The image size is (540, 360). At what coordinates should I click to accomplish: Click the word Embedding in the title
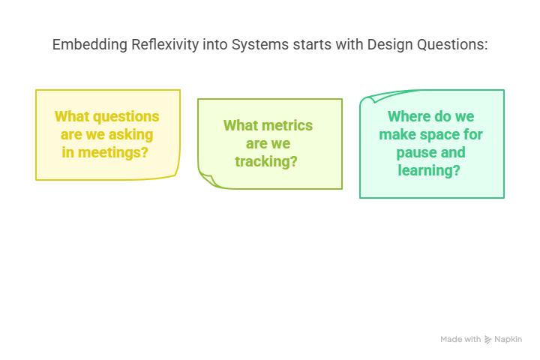[90, 45]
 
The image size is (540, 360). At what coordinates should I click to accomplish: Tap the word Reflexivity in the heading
[165, 45]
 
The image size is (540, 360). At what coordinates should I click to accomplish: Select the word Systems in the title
[260, 45]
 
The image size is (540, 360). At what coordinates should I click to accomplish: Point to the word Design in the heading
[390, 45]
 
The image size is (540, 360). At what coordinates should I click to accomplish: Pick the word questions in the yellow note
[126, 116]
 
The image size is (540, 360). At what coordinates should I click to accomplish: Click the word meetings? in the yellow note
[113, 152]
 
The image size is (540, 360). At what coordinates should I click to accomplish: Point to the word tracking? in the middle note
[266, 161]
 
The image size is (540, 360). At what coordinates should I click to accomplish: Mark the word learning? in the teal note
[429, 170]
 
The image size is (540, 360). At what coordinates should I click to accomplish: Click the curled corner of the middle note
[208, 179]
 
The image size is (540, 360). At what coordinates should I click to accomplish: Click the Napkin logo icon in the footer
[487, 340]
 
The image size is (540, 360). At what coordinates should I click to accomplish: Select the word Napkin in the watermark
[508, 339]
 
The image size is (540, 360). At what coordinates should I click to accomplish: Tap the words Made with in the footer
[460, 339]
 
